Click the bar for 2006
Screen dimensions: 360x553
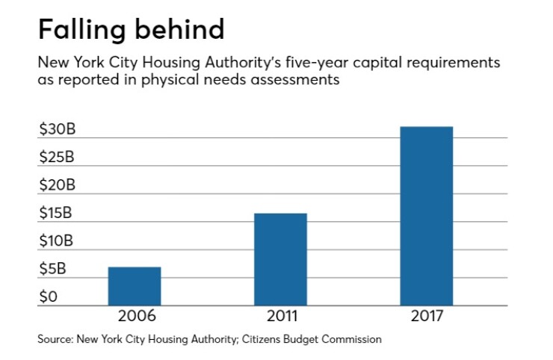tap(134, 286)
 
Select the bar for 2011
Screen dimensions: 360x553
tap(280, 259)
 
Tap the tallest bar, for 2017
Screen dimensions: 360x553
tap(426, 216)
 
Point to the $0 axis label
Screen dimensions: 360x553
tap(48, 297)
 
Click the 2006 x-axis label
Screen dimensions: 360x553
tap(134, 317)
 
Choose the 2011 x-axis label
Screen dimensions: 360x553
tap(280, 317)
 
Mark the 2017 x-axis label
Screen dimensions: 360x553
tap(426, 317)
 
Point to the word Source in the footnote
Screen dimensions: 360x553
tap(55, 339)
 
